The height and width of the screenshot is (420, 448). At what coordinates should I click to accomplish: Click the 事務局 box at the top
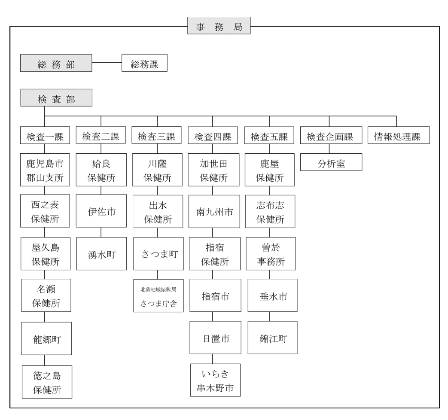219,26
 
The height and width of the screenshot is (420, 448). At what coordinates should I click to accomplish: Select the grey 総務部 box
56,63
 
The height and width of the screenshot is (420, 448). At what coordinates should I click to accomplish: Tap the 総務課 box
144,63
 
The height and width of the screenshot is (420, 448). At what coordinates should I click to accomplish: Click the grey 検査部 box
56,98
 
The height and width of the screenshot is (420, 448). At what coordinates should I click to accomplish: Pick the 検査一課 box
45,135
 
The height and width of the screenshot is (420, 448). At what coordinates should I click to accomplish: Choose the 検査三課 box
157,135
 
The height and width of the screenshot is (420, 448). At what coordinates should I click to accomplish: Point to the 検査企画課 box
331,135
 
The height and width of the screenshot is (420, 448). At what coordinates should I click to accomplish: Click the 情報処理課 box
399,135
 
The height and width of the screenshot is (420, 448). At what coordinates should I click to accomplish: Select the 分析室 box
331,162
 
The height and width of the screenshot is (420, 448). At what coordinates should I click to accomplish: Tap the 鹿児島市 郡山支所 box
45,170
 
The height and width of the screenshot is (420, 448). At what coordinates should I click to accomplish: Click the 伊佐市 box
101,211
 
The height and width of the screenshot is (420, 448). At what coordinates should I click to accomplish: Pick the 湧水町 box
101,254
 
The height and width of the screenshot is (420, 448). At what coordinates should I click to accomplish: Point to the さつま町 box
158,254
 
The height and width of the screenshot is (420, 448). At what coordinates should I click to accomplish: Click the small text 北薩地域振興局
158,289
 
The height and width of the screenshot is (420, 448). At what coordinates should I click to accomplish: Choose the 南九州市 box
214,211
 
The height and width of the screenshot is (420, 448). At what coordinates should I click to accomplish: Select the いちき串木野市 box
216,380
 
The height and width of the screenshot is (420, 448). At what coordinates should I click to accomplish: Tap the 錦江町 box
273,338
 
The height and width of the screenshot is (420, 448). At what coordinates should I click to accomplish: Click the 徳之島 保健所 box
47,382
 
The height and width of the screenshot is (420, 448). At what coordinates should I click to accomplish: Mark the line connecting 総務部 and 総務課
107,63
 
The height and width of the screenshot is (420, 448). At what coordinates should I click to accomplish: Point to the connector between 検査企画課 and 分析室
329,149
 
